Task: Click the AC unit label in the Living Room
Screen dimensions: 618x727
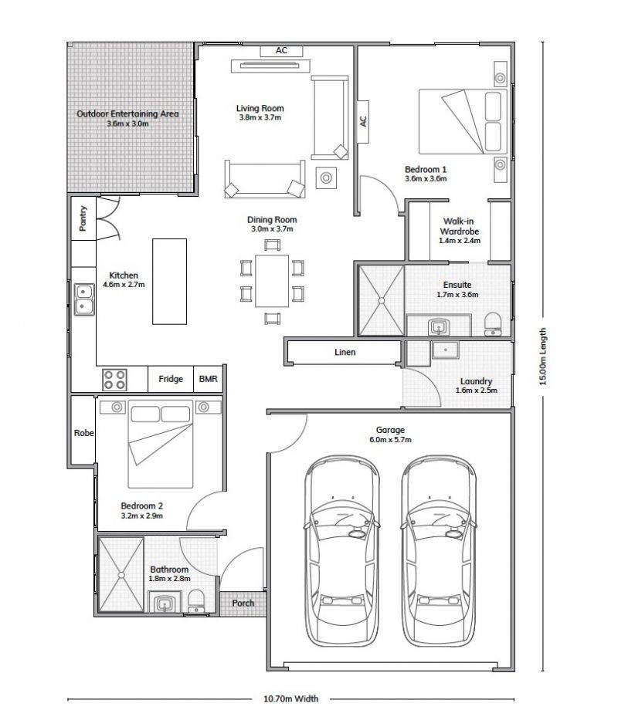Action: [x=281, y=50]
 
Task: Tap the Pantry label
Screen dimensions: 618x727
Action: [x=83, y=218]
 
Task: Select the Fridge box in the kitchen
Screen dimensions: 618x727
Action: [x=170, y=379]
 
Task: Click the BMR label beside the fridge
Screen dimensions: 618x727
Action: [x=208, y=379]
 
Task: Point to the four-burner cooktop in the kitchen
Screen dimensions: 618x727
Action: [x=114, y=379]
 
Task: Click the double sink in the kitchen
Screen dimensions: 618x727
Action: [x=84, y=299]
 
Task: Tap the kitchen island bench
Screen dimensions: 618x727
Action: [x=170, y=282]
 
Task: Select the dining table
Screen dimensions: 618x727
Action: [x=272, y=280]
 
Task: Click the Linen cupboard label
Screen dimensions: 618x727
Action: [x=345, y=353]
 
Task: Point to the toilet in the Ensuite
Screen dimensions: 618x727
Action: [x=493, y=323]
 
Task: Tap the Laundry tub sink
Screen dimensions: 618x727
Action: [x=446, y=350]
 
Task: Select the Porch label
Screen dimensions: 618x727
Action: [x=243, y=604]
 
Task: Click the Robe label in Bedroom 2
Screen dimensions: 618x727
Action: [x=84, y=433]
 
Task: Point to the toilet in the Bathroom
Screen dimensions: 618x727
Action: [x=196, y=601]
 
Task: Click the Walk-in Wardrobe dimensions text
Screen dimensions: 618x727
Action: [x=460, y=241]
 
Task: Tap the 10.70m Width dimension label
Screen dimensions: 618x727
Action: [x=291, y=698]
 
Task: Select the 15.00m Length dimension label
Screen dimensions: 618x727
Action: [x=543, y=357]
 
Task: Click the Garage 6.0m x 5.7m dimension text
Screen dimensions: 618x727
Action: [x=390, y=440]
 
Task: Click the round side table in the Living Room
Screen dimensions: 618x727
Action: [x=326, y=178]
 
